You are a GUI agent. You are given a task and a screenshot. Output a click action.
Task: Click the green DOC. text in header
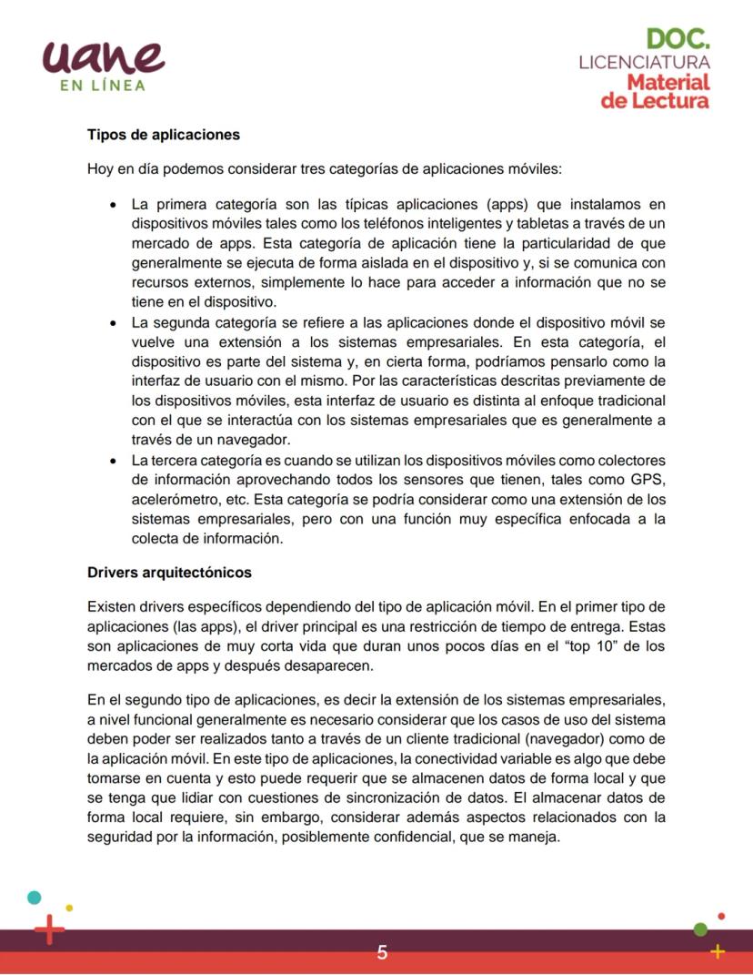pos(678,39)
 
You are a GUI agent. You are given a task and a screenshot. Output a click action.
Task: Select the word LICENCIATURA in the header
pos(644,63)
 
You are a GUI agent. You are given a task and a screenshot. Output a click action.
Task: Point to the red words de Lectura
pos(654,100)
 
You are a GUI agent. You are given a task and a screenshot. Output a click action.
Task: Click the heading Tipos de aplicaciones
pos(164,135)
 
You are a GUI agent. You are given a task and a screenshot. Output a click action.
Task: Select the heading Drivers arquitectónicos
pos(169,573)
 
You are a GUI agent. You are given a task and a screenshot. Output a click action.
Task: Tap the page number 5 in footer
pos(382,952)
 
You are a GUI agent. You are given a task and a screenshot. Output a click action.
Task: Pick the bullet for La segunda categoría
pos(112,322)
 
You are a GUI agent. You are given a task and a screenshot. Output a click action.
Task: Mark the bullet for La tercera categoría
pos(112,460)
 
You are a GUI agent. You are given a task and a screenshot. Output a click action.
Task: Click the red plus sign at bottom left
pos(49,929)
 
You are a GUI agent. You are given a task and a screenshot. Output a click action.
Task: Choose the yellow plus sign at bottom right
pos(718,951)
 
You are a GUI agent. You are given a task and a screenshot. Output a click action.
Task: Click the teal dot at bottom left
pos(35,897)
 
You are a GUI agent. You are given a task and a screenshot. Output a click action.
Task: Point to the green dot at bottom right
pos(700,929)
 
